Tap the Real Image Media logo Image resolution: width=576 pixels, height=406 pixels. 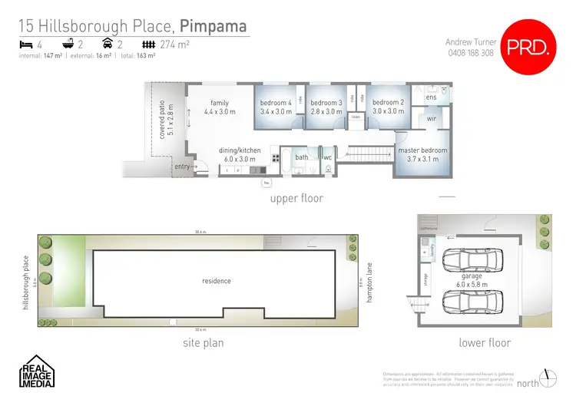[36, 371]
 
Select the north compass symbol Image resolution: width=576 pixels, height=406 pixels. [547, 378]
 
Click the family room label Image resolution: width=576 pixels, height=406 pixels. [220, 103]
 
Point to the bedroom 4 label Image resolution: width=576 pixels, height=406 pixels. [276, 103]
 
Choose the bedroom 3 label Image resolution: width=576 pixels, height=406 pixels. [327, 103]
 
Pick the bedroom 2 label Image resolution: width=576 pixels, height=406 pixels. [388, 103]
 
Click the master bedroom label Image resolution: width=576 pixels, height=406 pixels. [422, 150]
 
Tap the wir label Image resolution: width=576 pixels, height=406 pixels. [431, 120]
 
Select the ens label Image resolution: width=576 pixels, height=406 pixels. [431, 97]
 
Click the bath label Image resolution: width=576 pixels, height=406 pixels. [302, 157]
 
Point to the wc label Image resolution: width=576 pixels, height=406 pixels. [326, 157]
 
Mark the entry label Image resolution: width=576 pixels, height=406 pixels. [182, 167]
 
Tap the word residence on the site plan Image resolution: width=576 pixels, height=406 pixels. [217, 281]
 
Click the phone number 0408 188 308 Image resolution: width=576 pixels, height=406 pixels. [469, 53]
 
